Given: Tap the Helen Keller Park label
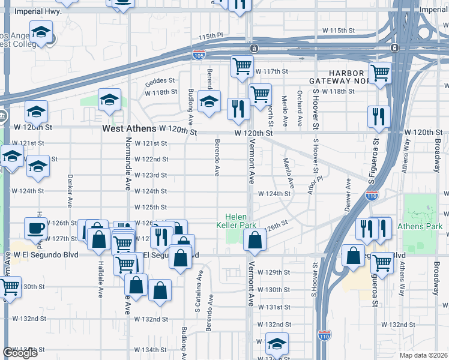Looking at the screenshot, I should (240, 221).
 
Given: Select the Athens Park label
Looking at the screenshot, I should (423, 226).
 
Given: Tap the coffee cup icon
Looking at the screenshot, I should (35, 228).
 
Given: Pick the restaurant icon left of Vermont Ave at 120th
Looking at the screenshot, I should (239, 109).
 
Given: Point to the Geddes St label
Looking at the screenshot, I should (160, 80).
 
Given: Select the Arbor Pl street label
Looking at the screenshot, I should (319, 179).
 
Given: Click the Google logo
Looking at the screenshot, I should (20, 353).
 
